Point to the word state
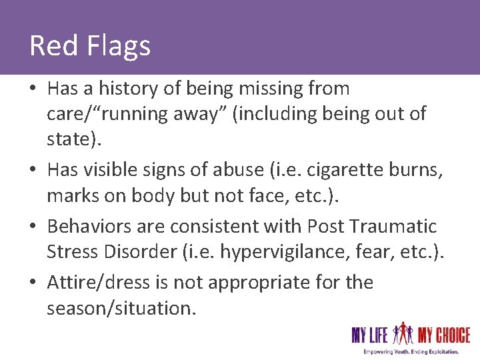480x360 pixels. point(67,140)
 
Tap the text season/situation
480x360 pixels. point(121,309)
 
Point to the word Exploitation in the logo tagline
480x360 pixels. point(436,351)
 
